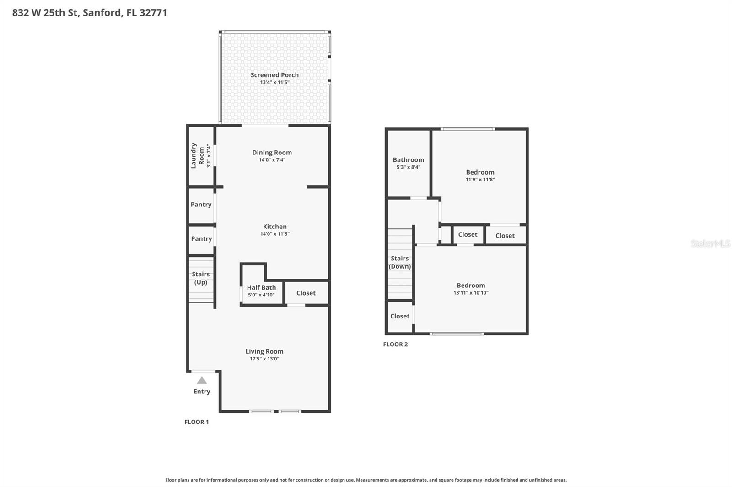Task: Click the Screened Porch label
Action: [274, 75]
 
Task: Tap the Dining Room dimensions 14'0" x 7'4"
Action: [272, 160]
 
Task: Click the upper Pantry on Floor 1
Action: [201, 205]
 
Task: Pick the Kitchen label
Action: [274, 227]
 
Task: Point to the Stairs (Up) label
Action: [200, 278]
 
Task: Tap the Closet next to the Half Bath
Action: [306, 293]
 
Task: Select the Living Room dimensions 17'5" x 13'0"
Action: [264, 359]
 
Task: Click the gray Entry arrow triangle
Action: [202, 381]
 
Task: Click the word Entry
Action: [202, 392]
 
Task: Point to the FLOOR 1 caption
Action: [196, 422]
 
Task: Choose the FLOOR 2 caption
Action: [395, 344]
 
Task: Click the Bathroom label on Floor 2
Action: [408, 160]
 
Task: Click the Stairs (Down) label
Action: [399, 262]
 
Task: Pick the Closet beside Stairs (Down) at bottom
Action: [399, 316]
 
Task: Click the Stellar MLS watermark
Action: [710, 243]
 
